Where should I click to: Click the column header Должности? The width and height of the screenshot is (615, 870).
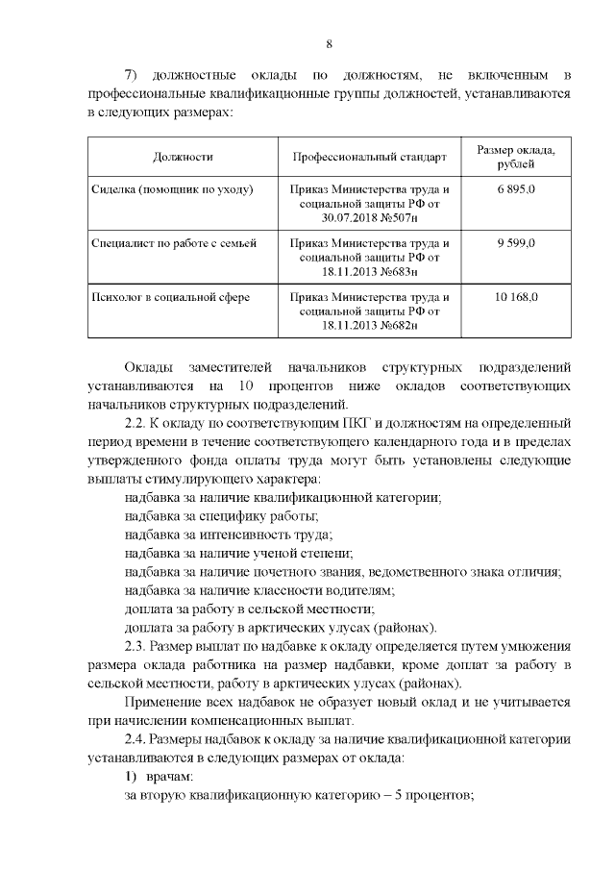coord(183,156)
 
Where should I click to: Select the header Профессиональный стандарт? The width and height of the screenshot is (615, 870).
coord(370,156)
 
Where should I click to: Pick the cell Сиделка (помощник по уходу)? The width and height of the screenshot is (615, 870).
coord(173,189)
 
